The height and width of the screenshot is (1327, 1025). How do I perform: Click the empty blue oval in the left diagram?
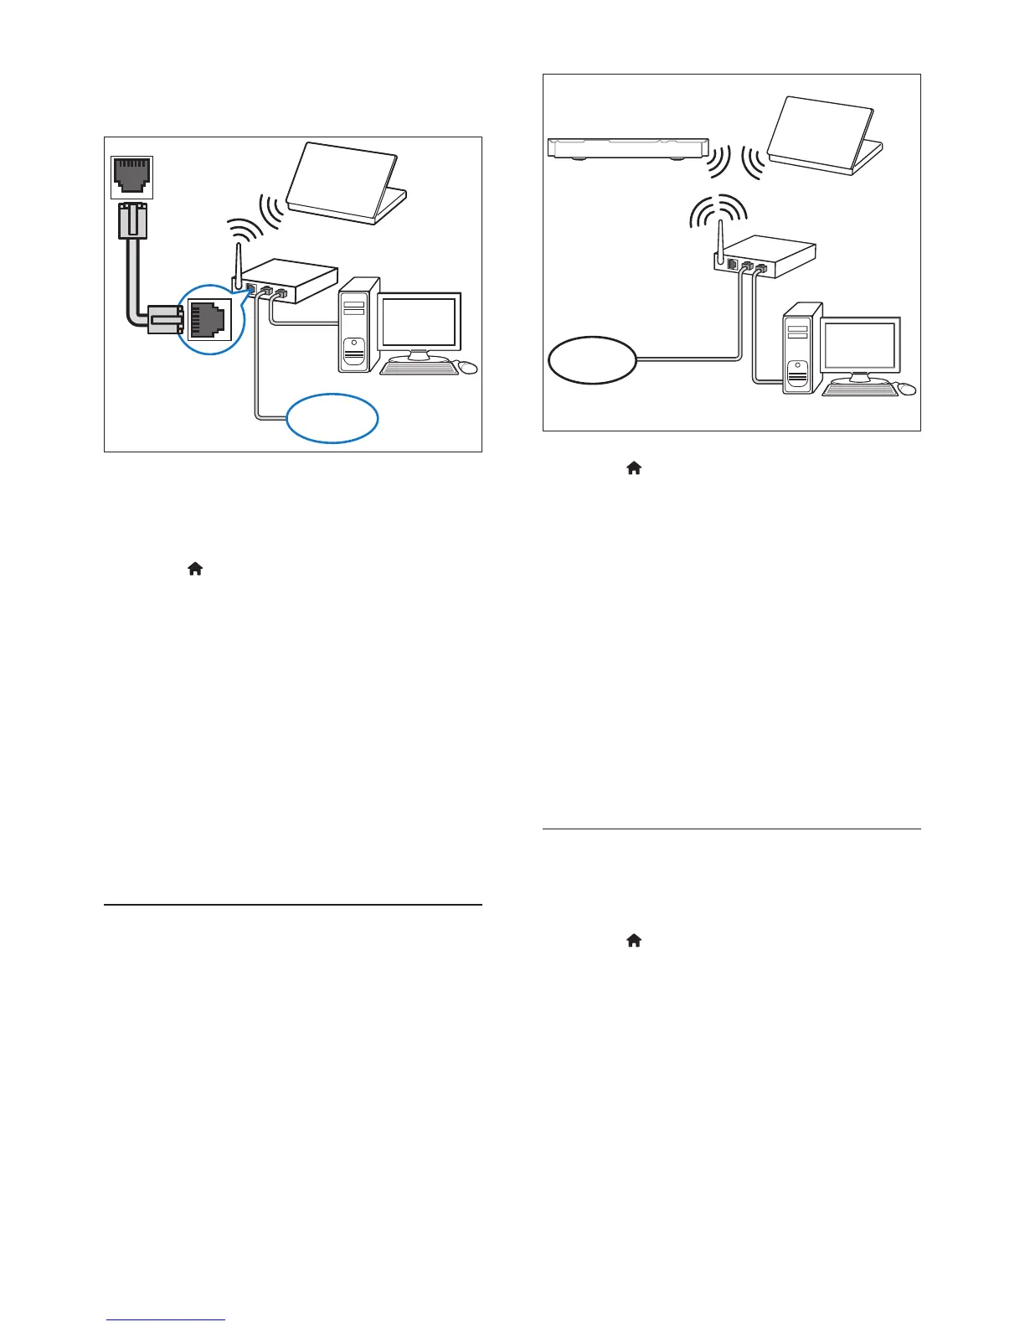[332, 417]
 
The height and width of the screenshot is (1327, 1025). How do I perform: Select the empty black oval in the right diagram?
[592, 360]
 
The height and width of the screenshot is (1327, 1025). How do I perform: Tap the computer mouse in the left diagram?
[468, 367]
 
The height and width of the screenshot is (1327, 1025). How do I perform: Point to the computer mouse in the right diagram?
[907, 389]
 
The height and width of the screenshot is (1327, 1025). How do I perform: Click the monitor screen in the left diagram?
[420, 323]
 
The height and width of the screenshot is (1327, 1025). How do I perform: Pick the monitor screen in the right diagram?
[860, 346]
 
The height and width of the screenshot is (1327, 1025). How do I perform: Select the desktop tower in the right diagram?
[799, 352]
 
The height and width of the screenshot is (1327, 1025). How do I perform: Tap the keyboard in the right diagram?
[860, 389]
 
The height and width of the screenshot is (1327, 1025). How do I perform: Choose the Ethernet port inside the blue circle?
[208, 318]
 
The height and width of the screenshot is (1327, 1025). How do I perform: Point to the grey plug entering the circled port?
[164, 320]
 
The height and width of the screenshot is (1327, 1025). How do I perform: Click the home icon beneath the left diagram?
[195, 569]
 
